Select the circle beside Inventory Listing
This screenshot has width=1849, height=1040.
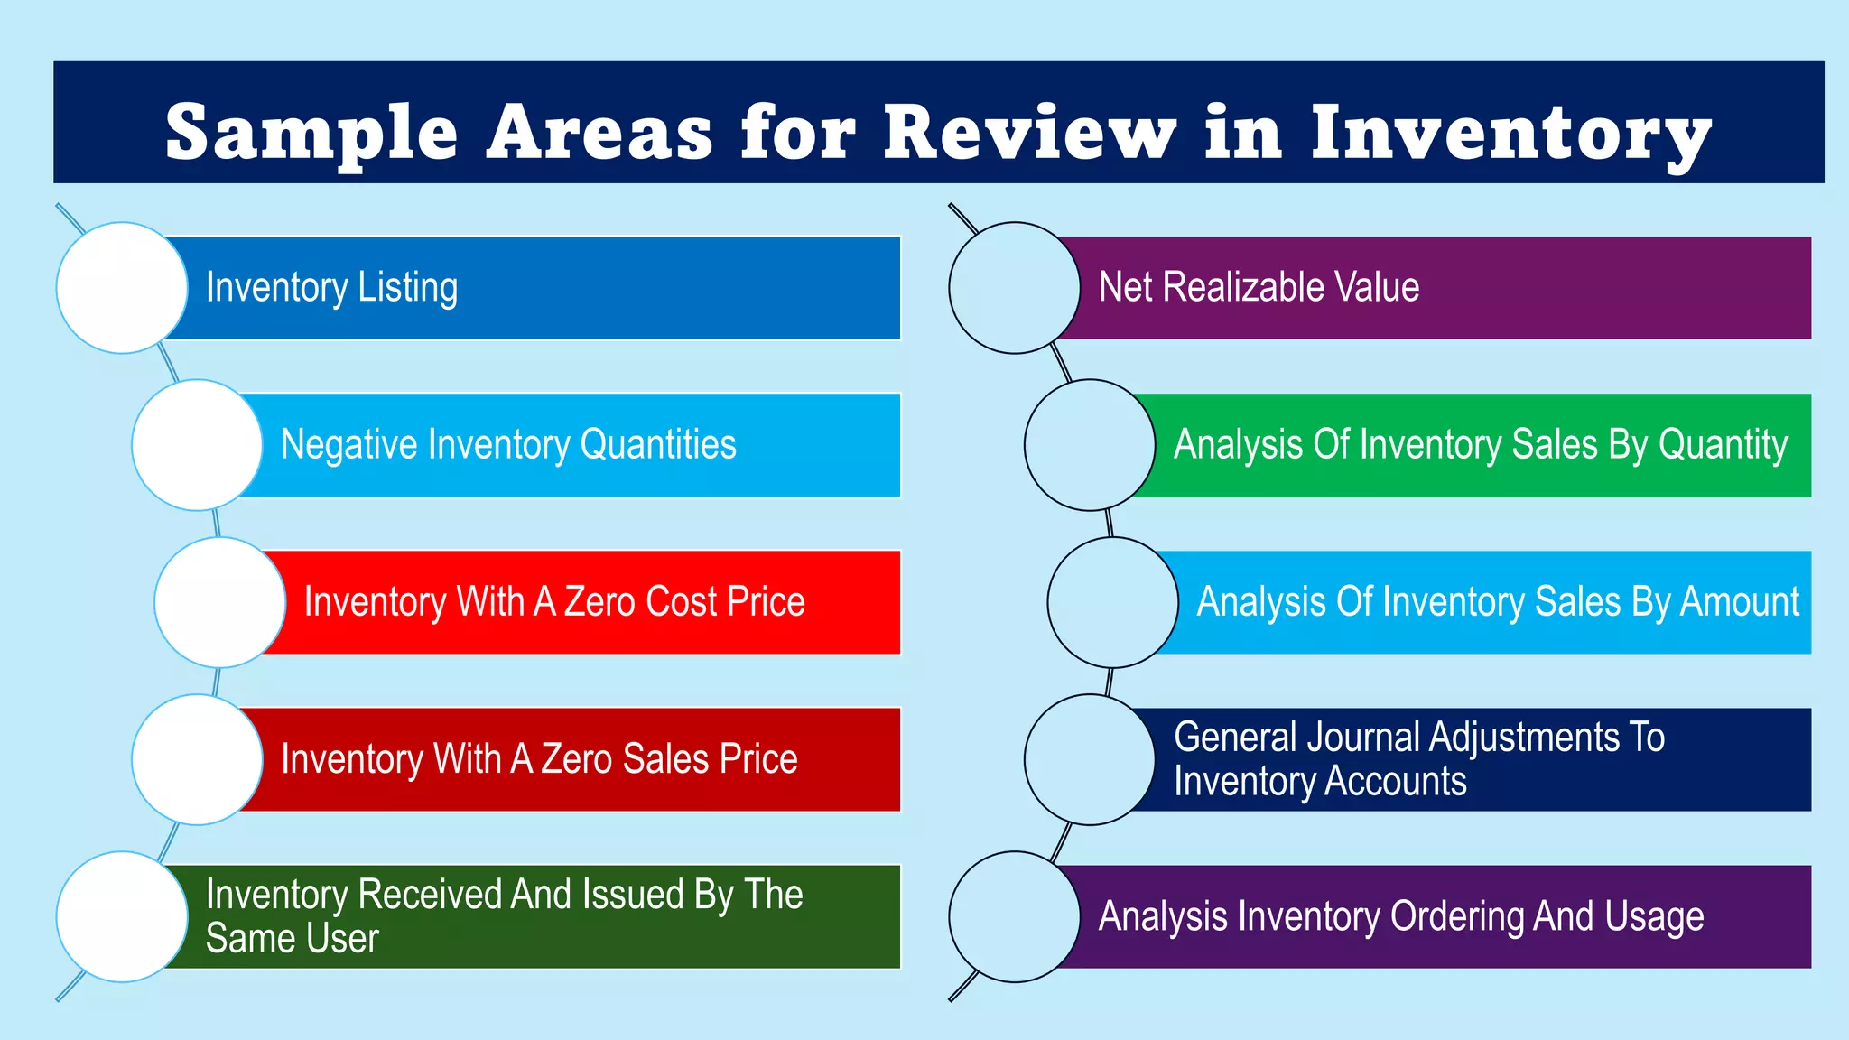coord(122,288)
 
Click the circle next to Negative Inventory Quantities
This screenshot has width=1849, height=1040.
coord(197,445)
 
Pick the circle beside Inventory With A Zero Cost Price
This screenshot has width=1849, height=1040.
coord(220,602)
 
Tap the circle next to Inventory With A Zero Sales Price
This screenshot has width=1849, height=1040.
coord(197,759)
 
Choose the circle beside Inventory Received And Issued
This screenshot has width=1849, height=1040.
coord(122,916)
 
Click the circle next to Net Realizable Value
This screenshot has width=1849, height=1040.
coord(1015,288)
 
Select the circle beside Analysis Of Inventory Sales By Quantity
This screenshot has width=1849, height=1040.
coord(1090,445)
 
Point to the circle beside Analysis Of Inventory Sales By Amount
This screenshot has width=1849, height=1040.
coord(1113,602)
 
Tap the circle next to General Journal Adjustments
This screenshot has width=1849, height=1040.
coord(1090,759)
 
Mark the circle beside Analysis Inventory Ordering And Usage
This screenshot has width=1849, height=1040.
coord(1015,916)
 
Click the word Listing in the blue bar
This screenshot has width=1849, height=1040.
coord(408,288)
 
